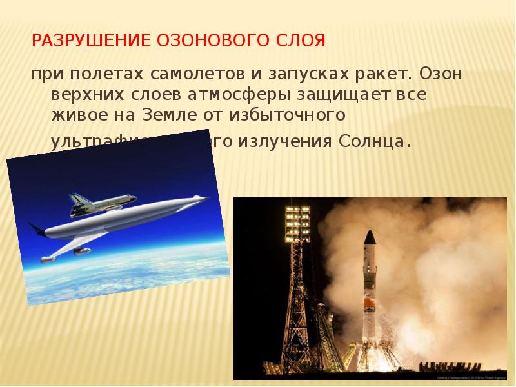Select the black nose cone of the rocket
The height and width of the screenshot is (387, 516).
point(370,237)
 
